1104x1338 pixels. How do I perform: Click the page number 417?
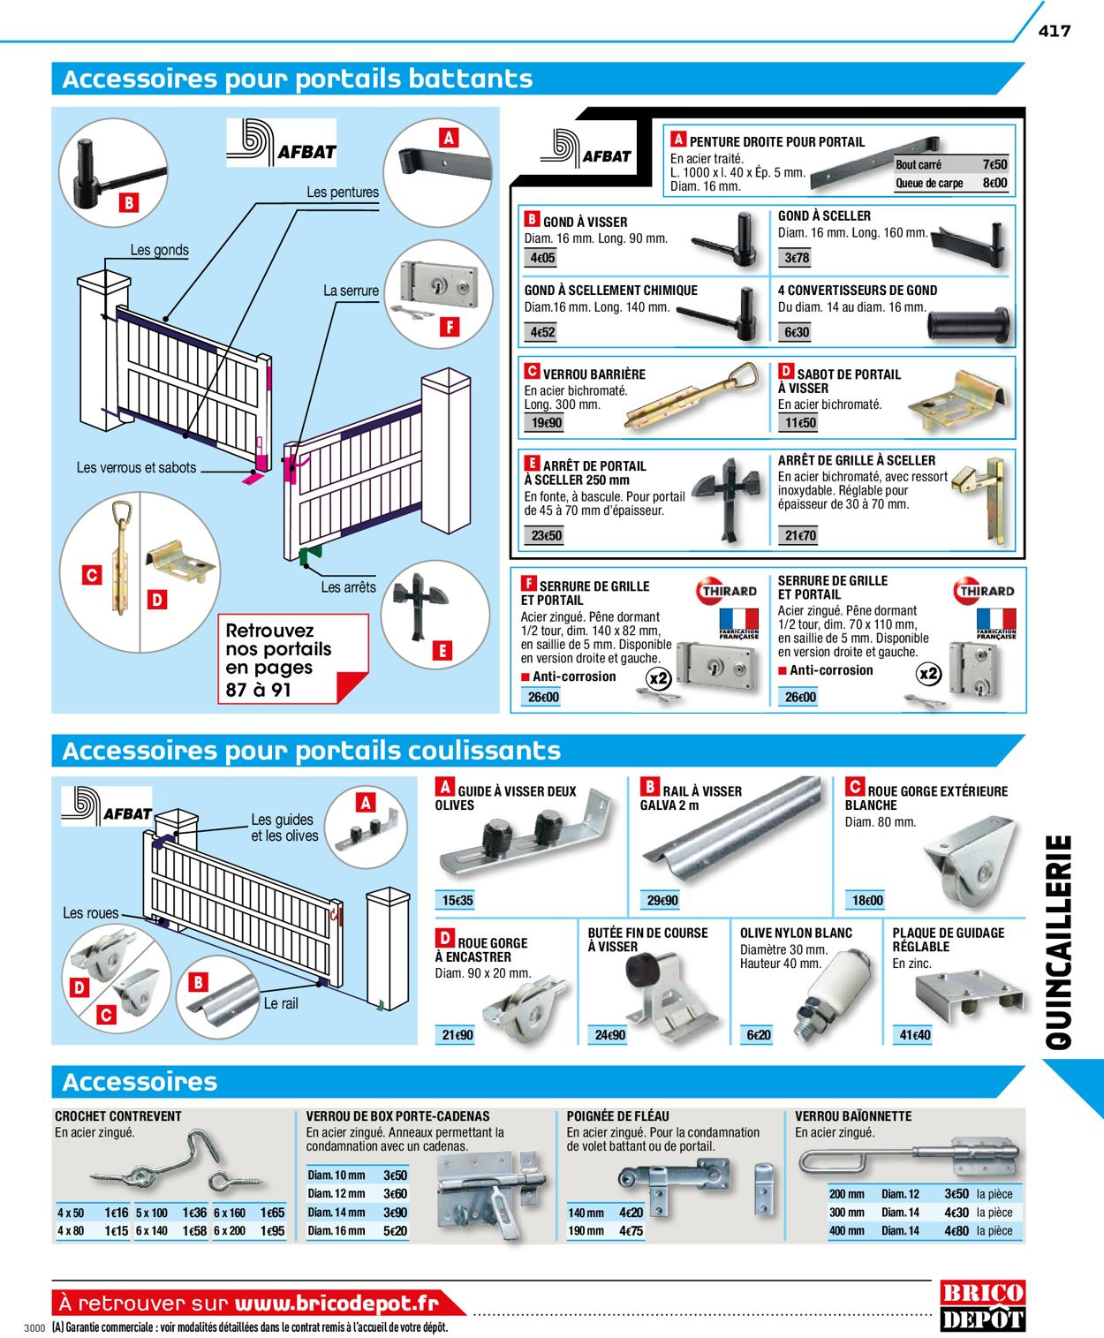(x=1055, y=30)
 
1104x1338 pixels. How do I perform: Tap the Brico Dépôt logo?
(x=982, y=1306)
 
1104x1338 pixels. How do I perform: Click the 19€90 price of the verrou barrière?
(x=546, y=423)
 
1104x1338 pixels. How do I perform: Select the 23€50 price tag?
(x=546, y=535)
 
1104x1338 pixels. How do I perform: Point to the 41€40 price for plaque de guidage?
(x=914, y=1034)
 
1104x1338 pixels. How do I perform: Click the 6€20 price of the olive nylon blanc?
(x=758, y=1034)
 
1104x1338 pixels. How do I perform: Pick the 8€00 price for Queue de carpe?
(x=994, y=183)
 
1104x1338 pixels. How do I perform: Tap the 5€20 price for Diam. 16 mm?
(x=395, y=1230)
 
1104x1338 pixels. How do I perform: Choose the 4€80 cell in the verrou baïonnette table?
(x=957, y=1230)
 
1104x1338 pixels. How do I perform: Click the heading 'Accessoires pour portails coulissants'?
(x=312, y=751)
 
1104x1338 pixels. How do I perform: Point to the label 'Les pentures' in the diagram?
(x=343, y=192)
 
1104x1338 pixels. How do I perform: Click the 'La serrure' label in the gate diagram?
(x=351, y=291)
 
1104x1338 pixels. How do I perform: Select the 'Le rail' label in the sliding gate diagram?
(x=281, y=1003)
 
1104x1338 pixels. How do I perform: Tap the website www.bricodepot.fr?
(x=336, y=1303)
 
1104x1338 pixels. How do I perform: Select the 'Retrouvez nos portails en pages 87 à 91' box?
(x=292, y=660)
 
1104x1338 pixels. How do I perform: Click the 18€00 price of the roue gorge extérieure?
(x=866, y=900)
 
